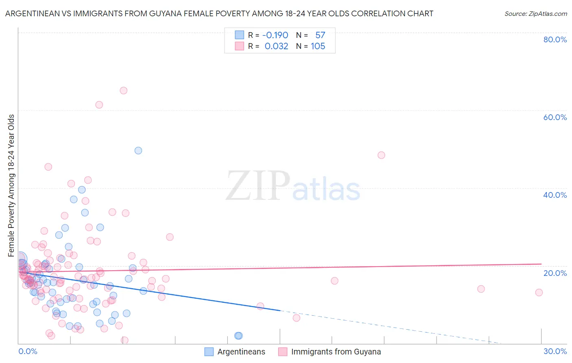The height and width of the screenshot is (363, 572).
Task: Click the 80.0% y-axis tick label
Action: pos(555,39)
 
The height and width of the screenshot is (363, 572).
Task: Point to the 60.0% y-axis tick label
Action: pos(555,117)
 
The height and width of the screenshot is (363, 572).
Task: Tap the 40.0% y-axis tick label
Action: pos(555,195)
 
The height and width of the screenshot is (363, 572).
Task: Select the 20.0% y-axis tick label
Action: pos(555,273)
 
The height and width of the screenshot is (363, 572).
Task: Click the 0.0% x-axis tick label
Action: pos(28,351)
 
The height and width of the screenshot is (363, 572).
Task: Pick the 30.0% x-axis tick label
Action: pos(555,351)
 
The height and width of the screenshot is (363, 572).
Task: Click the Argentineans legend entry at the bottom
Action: pos(235,352)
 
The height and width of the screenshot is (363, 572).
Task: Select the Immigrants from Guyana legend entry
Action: pos(330,352)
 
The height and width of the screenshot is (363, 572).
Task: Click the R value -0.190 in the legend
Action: pos(275,35)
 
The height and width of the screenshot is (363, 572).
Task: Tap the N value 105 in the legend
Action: pos(318,46)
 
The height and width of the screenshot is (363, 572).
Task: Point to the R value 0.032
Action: pos(276,46)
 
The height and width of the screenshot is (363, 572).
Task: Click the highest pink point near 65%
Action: pos(124,91)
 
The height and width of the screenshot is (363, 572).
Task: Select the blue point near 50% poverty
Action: pos(138,151)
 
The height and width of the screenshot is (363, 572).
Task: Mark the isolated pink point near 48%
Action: pos(381,155)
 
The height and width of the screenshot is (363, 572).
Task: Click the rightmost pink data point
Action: pos(539,293)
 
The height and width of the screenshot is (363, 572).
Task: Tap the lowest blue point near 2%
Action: pos(238,336)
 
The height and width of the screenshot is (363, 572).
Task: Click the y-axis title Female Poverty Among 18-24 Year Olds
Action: pos(11,186)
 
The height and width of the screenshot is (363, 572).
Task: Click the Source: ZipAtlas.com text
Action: pos(535,14)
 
